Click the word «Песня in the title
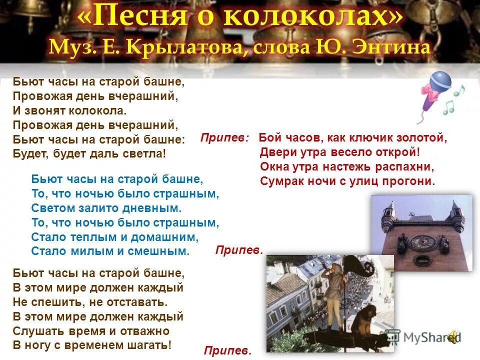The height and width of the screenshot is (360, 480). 136,18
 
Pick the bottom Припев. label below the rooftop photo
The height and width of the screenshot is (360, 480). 227,351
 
